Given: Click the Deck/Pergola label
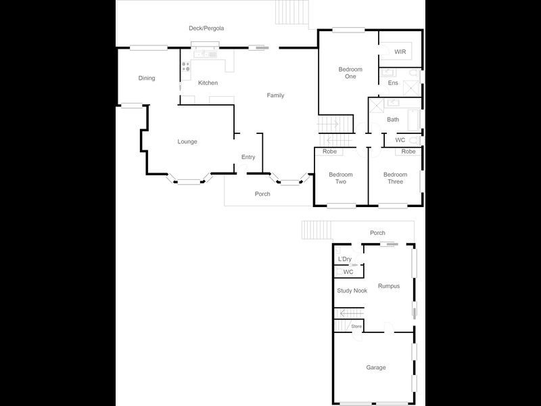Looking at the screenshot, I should pyautogui.click(x=206, y=28).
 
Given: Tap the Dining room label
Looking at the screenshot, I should pyautogui.click(x=147, y=78).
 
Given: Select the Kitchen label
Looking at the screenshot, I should pyautogui.click(x=208, y=83).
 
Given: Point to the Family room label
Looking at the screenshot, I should pyautogui.click(x=275, y=95).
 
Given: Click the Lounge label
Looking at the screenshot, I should pyautogui.click(x=187, y=141).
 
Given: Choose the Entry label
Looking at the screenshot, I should pyautogui.click(x=248, y=158).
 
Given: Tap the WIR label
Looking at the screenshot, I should pyautogui.click(x=400, y=51).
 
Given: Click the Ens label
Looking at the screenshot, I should pyautogui.click(x=393, y=83).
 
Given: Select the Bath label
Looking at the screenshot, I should pyautogui.click(x=393, y=120).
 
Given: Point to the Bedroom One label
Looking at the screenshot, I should pyautogui.click(x=350, y=73).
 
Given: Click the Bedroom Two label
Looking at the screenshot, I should pyautogui.click(x=341, y=178).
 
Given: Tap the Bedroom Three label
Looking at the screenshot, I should pyautogui.click(x=395, y=178).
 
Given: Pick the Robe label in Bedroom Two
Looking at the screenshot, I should pyautogui.click(x=329, y=152).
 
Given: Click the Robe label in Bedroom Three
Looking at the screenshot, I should pyautogui.click(x=408, y=152).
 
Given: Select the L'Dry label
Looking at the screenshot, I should pyautogui.click(x=345, y=259).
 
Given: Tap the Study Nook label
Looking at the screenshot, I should pyautogui.click(x=352, y=291).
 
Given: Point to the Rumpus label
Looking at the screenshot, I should pyautogui.click(x=389, y=286).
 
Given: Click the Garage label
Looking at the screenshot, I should pyautogui.click(x=376, y=367).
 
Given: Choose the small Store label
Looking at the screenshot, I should pyautogui.click(x=356, y=327).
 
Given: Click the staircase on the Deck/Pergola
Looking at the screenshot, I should pyautogui.click(x=291, y=12).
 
